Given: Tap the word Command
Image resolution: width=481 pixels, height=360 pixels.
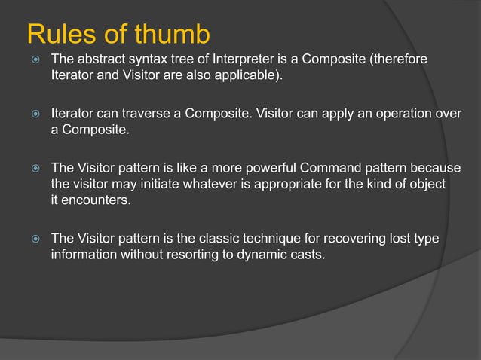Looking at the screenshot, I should (357, 168).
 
